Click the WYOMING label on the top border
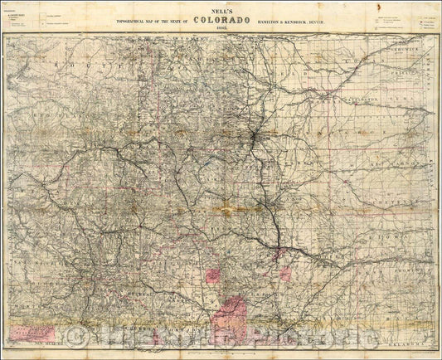pos(199,39)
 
